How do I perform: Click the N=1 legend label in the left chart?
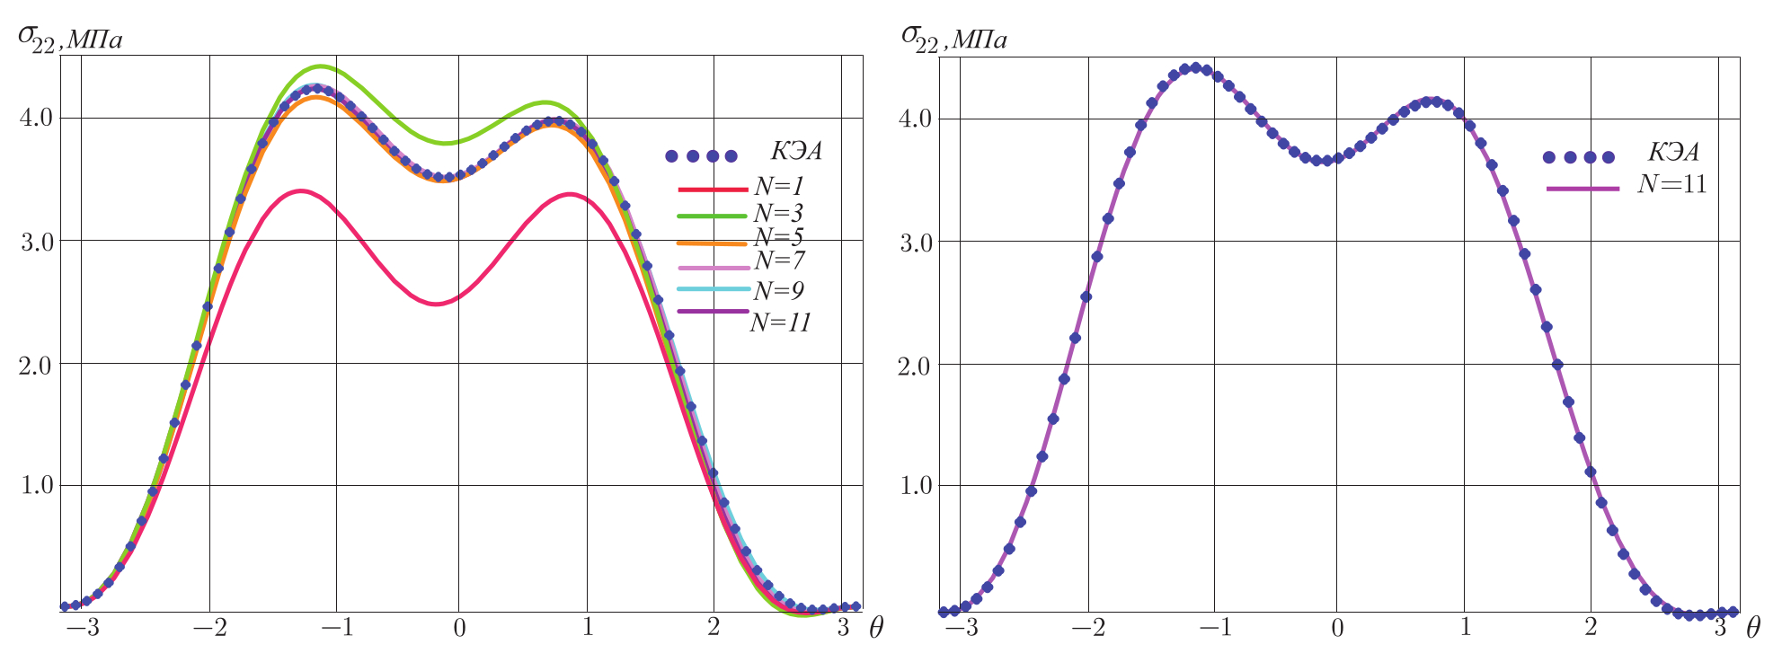[x=779, y=187]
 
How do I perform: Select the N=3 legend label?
[x=779, y=214]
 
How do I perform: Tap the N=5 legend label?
[x=779, y=237]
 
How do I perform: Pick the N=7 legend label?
[x=779, y=260]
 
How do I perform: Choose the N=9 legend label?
[x=779, y=290]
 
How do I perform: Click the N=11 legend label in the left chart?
[x=780, y=322]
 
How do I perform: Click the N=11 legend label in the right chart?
[x=1672, y=184]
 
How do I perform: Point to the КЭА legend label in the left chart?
[x=796, y=151]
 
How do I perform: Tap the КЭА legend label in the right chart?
[x=1673, y=152]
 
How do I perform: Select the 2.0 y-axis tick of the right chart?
[x=917, y=364]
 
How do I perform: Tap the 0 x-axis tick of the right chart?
[x=1336, y=628]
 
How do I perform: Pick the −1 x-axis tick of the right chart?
[x=1215, y=628]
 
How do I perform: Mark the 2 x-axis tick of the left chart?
[x=714, y=628]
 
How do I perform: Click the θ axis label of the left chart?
[x=875, y=628]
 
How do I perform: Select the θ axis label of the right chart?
[x=1752, y=628]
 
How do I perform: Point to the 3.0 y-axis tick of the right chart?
[x=917, y=241]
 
